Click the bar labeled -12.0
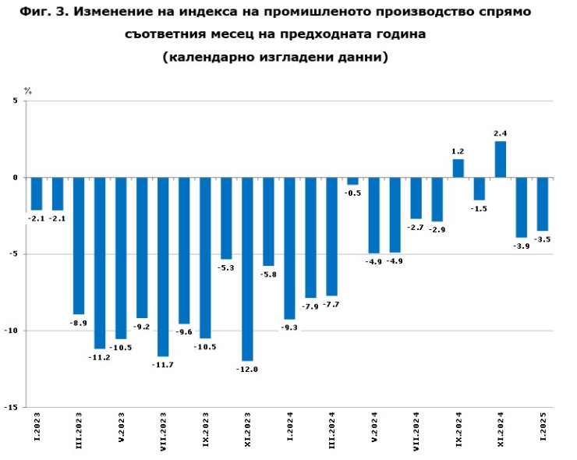click(x=247, y=269)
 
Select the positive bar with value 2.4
click(x=501, y=159)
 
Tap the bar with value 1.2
click(x=458, y=168)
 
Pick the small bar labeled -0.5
click(x=352, y=182)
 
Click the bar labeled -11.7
click(x=163, y=267)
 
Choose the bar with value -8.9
click(x=79, y=246)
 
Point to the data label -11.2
click(x=100, y=356)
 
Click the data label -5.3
click(x=226, y=267)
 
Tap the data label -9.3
click(x=289, y=328)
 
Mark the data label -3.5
click(x=543, y=239)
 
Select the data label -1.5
click(x=480, y=209)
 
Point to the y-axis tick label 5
click(x=14, y=101)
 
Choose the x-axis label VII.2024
click(x=416, y=430)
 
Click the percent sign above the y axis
click(x=28, y=91)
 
